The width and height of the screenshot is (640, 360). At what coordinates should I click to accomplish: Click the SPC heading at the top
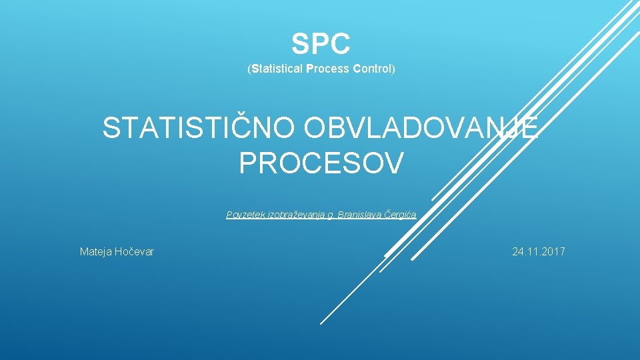pyautogui.click(x=321, y=45)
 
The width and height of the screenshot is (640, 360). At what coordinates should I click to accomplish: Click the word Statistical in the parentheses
pyautogui.click(x=277, y=69)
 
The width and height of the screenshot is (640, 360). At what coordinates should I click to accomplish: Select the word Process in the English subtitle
pyautogui.click(x=327, y=69)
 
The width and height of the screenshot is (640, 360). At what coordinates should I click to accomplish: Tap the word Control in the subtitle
pyautogui.click(x=372, y=69)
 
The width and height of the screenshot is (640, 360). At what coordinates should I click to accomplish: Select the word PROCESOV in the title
pyautogui.click(x=321, y=163)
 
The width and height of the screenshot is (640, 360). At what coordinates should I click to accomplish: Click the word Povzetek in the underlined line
pyautogui.click(x=246, y=215)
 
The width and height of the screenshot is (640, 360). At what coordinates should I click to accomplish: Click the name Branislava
pyautogui.click(x=361, y=215)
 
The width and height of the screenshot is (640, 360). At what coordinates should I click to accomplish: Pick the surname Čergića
pyautogui.click(x=400, y=215)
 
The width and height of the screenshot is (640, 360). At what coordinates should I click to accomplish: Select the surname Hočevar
pyautogui.click(x=135, y=251)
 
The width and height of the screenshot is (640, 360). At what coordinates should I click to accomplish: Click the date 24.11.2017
pyautogui.click(x=538, y=251)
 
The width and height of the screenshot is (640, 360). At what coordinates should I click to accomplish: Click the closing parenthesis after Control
pyautogui.click(x=393, y=69)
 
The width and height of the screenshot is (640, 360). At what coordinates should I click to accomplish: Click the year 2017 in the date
pyautogui.click(x=553, y=251)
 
